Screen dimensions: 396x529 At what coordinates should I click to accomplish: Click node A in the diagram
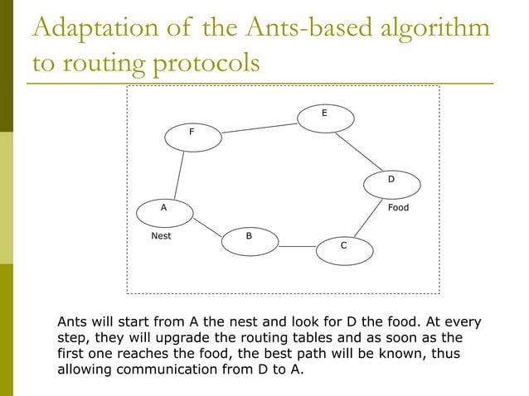(x=165, y=212)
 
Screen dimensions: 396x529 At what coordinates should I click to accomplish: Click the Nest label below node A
(x=161, y=237)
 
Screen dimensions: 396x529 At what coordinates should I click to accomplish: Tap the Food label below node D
(x=399, y=208)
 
